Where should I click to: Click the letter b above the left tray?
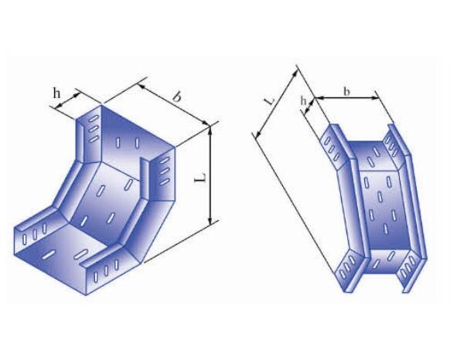177,97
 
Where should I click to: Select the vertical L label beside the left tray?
200,178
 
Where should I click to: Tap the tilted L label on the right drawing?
268,100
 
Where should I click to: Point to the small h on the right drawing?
304,100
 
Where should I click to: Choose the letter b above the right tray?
346,91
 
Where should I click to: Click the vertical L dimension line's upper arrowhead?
210,132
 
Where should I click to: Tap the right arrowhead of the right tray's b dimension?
377,99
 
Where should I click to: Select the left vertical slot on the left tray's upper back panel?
118,143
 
